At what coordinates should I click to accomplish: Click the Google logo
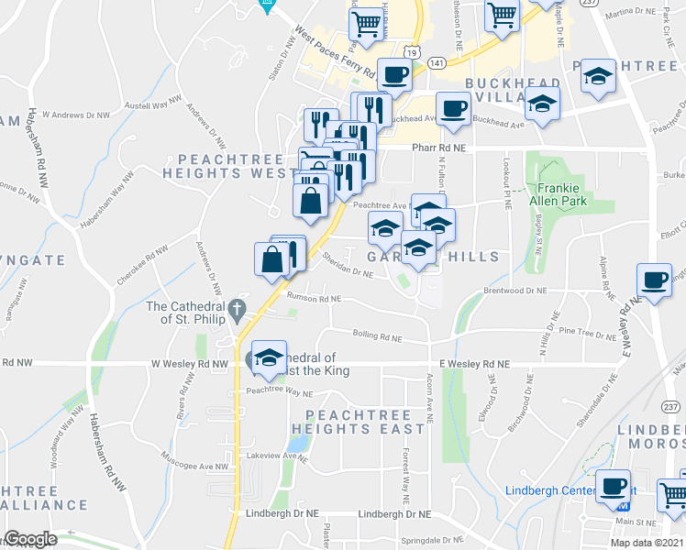point(30,539)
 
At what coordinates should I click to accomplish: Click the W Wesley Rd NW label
point(189,364)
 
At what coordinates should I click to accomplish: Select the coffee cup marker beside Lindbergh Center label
point(613,486)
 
